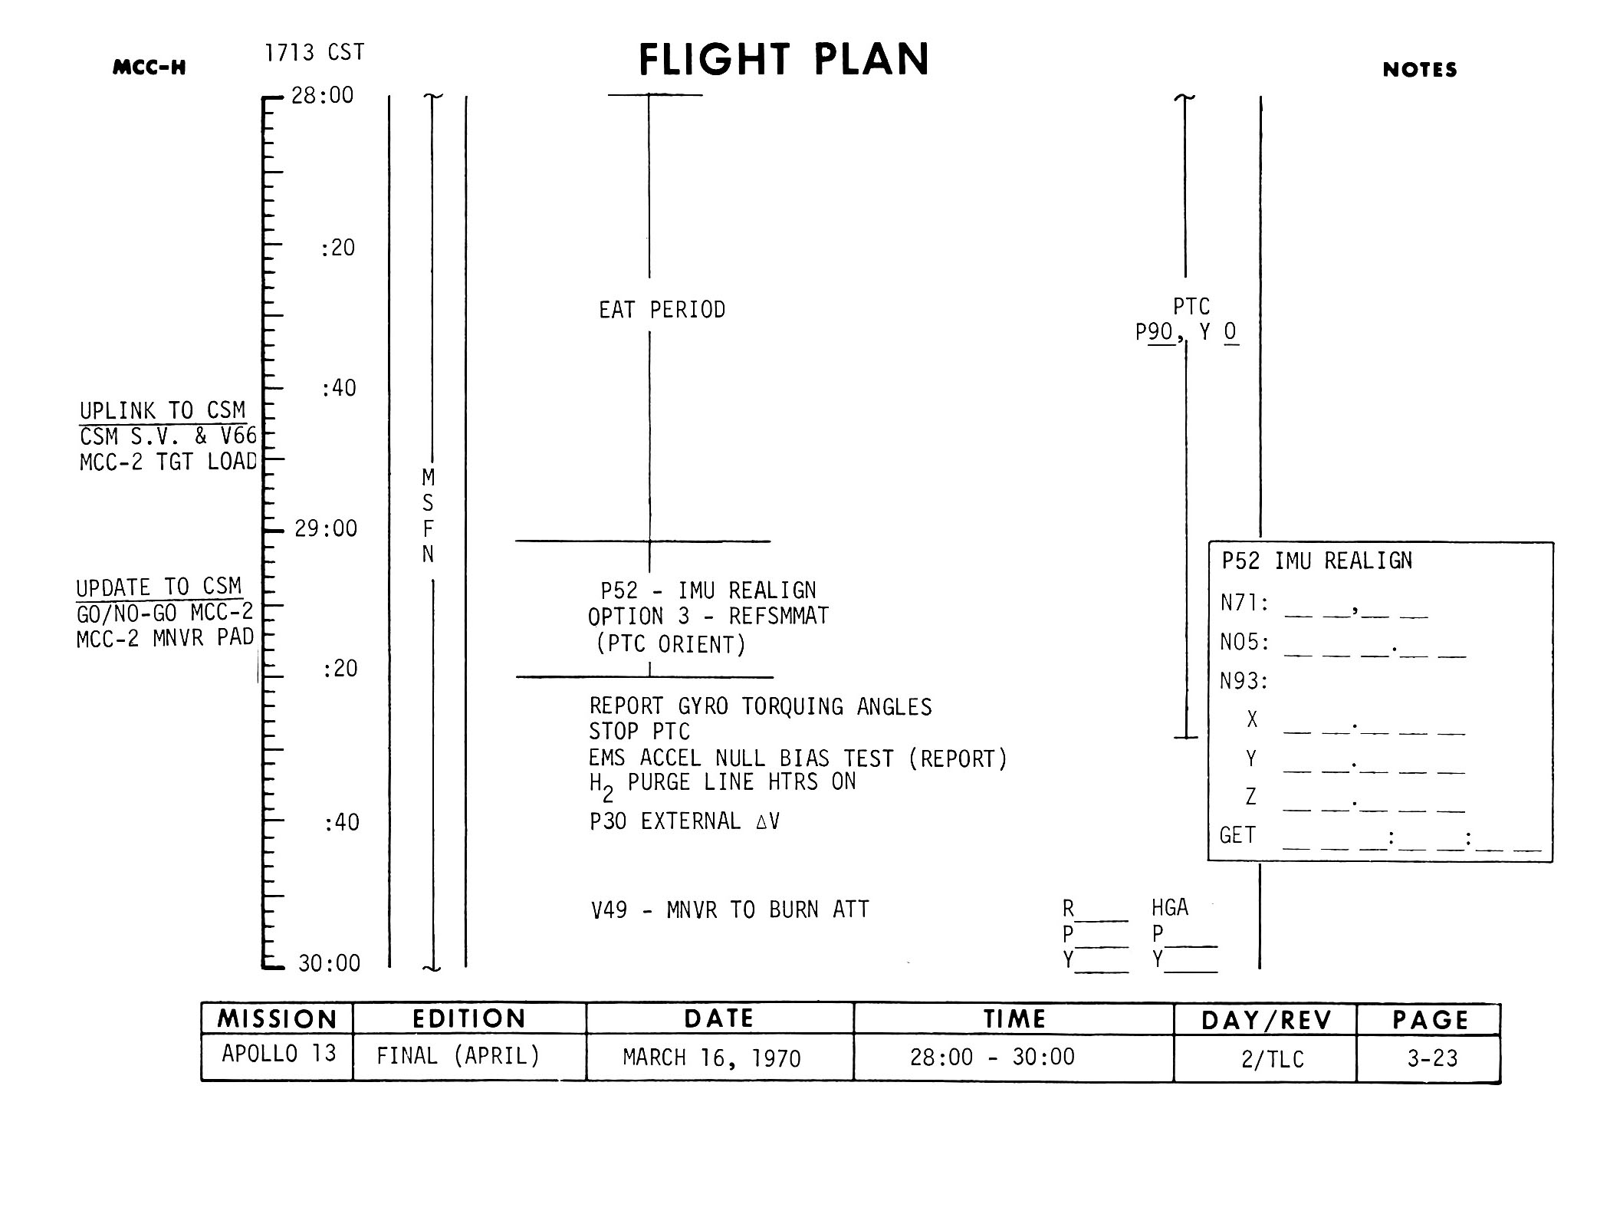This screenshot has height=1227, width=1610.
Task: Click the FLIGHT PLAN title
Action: (784, 60)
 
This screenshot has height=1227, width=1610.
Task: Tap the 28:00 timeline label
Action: (322, 95)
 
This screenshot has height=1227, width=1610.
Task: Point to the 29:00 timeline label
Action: (326, 528)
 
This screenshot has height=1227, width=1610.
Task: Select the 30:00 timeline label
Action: (329, 963)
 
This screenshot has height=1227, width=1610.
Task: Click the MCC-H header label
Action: (149, 67)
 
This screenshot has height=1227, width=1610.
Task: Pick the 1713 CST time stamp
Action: (314, 53)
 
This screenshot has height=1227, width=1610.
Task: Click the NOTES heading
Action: (1419, 70)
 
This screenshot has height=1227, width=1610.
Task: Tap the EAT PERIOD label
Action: (662, 310)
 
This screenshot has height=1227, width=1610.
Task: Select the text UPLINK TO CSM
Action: (163, 411)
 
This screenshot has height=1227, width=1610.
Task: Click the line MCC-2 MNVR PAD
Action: (165, 638)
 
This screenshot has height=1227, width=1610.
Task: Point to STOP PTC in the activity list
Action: (639, 732)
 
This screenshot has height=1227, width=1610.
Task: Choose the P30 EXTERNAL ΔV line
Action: (684, 821)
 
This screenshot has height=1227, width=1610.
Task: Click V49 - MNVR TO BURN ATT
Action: (730, 910)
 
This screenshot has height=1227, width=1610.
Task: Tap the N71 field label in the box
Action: (1244, 604)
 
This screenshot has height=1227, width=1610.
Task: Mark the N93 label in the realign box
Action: (1244, 681)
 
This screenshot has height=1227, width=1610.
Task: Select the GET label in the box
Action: (1237, 835)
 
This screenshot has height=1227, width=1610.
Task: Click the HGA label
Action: (1170, 908)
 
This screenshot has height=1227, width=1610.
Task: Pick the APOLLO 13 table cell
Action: (278, 1054)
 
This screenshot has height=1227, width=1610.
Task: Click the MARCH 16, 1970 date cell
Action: (711, 1058)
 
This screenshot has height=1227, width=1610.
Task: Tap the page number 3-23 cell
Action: (1431, 1058)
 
